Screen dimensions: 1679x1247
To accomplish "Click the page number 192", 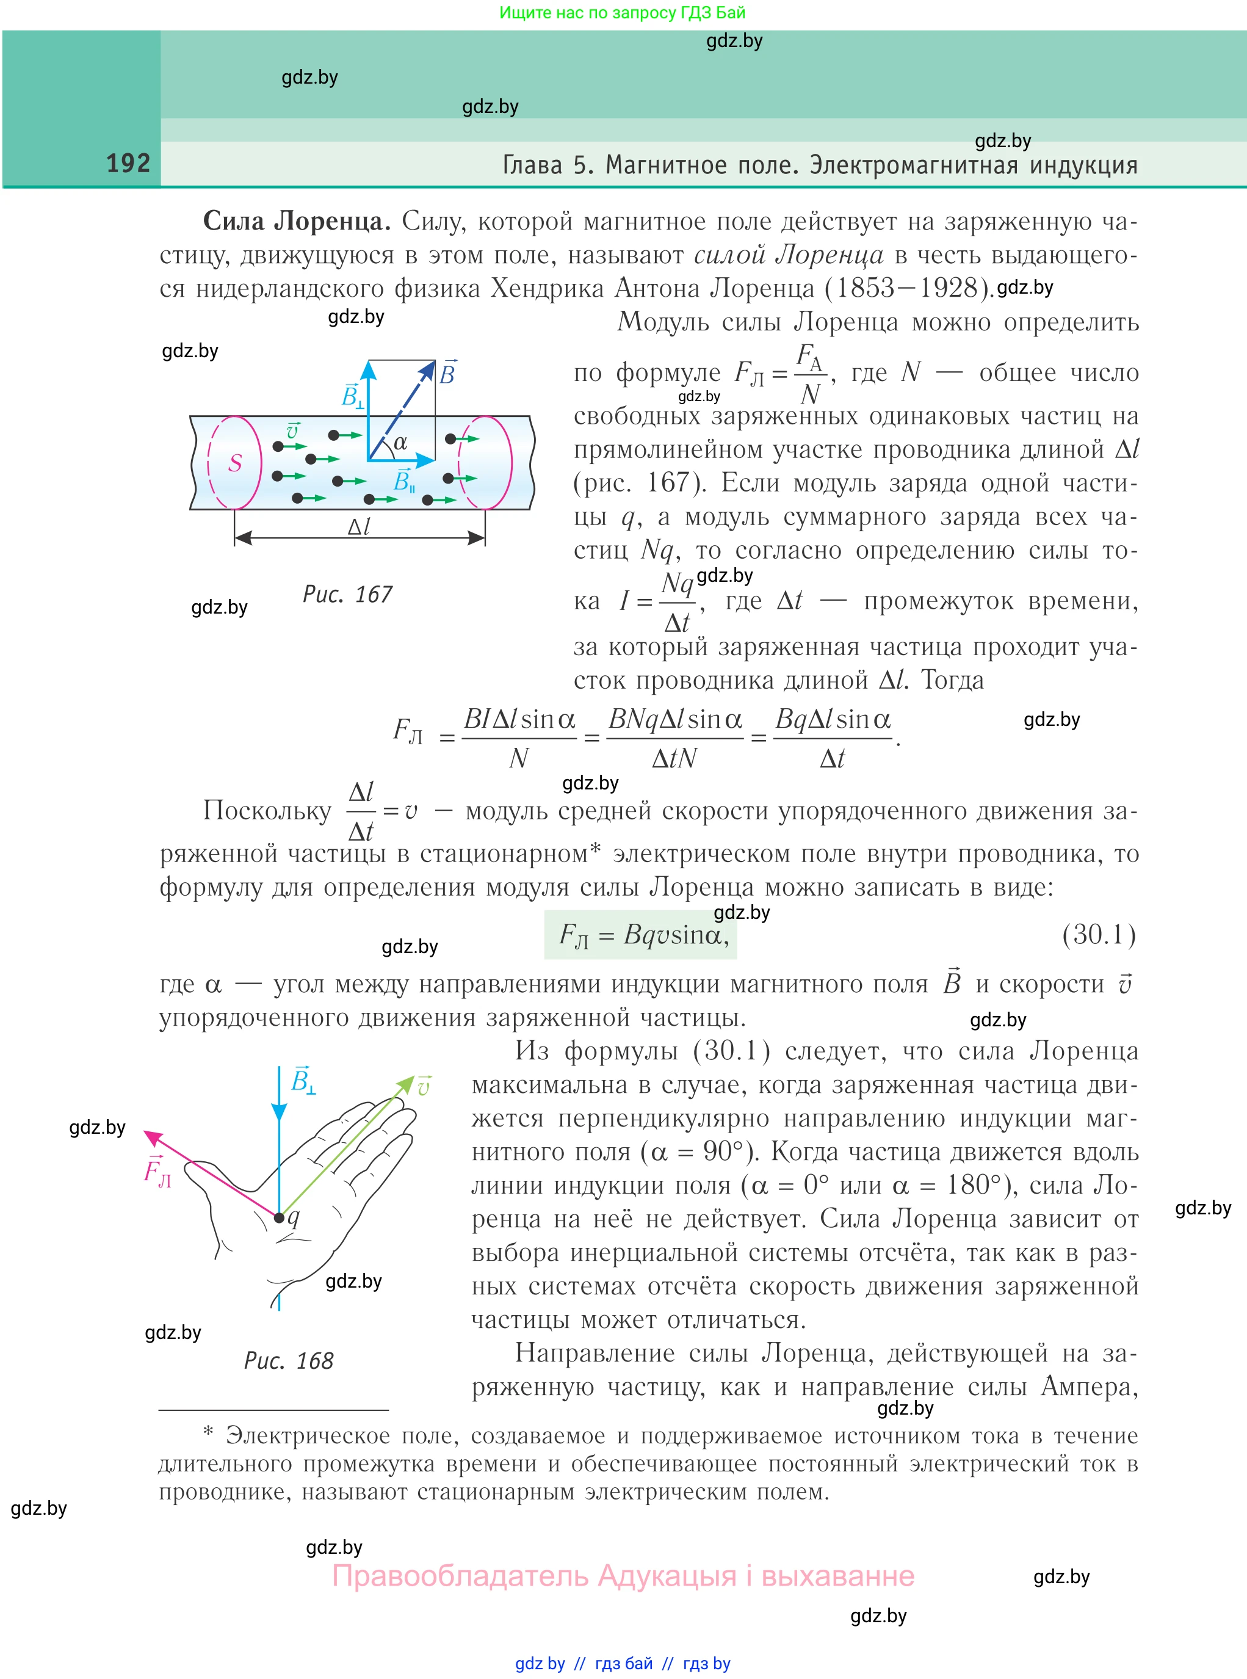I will tap(128, 163).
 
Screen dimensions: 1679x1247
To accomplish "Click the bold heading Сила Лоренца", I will tap(297, 221).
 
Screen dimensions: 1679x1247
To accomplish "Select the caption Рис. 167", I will tap(347, 595).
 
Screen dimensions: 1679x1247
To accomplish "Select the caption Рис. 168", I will tap(288, 1360).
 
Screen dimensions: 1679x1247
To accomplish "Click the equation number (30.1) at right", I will tap(1098, 935).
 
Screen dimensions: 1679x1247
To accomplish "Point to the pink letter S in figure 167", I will tap(235, 463).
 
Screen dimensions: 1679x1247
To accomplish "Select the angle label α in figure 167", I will tap(400, 443).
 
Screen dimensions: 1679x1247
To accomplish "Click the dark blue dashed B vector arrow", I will tap(404, 408).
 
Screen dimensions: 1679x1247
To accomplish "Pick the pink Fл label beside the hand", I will tap(157, 1172).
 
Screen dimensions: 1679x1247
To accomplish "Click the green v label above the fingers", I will tap(424, 1086).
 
